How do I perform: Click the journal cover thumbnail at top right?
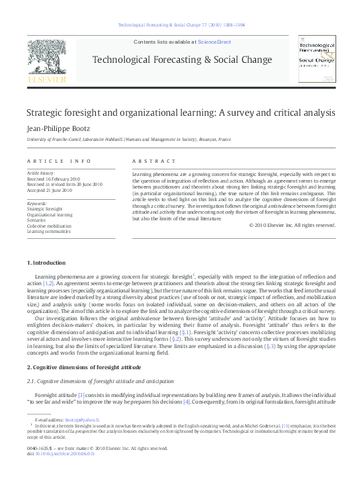click(316, 60)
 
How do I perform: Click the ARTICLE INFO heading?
click(50, 161)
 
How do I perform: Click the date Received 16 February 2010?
click(53, 179)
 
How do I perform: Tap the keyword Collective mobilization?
click(49, 226)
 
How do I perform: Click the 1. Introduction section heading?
click(46, 263)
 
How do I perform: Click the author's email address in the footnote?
click(85, 420)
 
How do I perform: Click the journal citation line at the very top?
click(181, 24)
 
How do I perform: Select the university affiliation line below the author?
click(128, 140)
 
